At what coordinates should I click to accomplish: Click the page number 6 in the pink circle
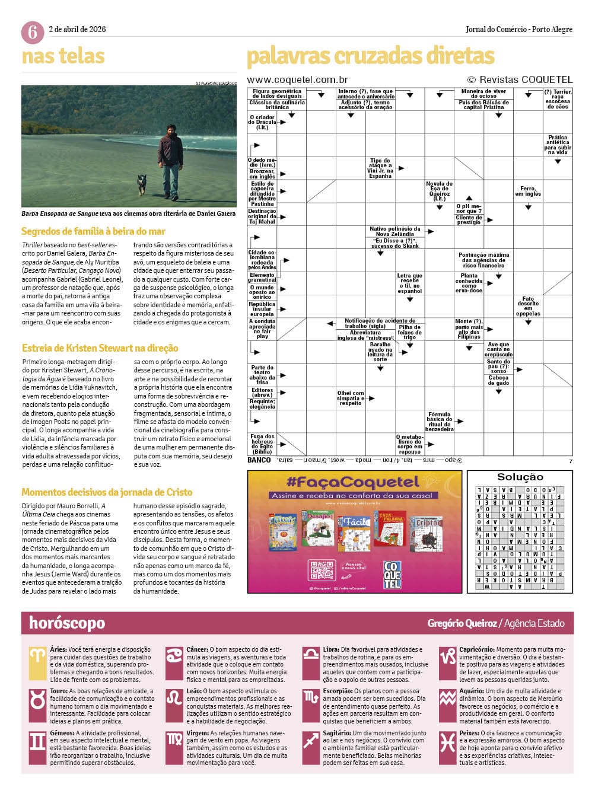(32, 32)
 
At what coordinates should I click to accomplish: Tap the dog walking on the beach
(141, 183)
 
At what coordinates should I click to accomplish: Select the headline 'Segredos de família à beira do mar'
(93, 231)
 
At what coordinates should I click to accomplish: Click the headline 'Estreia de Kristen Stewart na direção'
(100, 348)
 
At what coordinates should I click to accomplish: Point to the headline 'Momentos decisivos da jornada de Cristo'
(107, 492)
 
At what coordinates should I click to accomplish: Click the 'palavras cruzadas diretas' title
(370, 56)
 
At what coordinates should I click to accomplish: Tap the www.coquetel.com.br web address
(297, 79)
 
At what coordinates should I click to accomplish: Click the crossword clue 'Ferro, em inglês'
(528, 191)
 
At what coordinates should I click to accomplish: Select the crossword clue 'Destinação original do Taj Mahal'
(262, 216)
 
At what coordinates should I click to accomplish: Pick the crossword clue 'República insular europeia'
(262, 309)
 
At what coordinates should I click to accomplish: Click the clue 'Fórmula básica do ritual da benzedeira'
(439, 421)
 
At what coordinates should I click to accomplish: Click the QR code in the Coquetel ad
(322, 570)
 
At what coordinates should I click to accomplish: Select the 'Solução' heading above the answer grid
(520, 477)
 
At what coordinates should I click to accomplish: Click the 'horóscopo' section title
(67, 623)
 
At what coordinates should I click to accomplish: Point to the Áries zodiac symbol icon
(37, 656)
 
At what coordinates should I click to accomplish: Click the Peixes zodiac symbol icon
(447, 742)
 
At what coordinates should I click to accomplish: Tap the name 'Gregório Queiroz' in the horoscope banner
(462, 623)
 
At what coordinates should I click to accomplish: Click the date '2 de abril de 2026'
(77, 29)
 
